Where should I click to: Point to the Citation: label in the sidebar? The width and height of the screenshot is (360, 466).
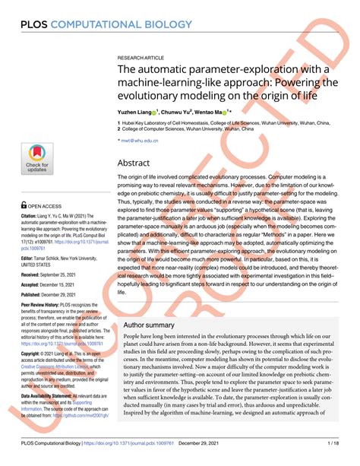click(32, 217)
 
